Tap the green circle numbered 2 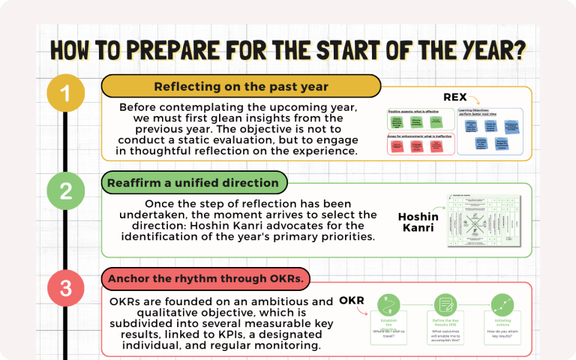click(66, 190)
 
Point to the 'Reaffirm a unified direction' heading click(193, 182)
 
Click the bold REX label click(456, 97)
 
